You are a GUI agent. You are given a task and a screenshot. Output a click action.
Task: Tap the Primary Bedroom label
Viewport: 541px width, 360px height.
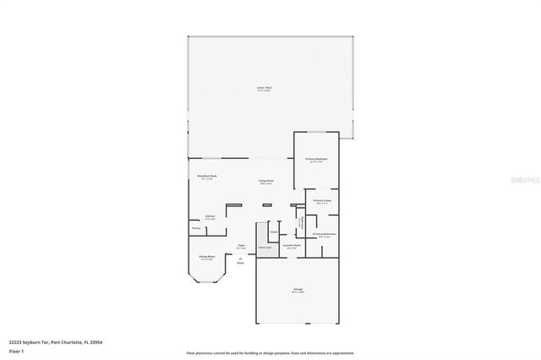[316, 160]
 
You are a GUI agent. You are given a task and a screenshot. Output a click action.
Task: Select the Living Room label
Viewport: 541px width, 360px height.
[267, 182]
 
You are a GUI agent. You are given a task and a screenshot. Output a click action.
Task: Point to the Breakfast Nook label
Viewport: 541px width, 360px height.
[205, 176]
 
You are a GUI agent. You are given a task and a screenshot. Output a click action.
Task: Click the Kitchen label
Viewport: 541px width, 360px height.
[209, 216]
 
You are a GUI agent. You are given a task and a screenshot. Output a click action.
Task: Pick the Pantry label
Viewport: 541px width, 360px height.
[195, 228]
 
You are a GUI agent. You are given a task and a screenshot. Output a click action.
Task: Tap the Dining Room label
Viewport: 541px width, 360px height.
[206, 257]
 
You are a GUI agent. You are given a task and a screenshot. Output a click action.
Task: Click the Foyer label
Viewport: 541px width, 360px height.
[241, 247]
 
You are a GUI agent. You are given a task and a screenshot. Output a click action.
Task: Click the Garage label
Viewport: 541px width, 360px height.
[298, 290]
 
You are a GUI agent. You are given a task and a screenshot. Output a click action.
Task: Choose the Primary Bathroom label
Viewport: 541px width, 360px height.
[325, 234]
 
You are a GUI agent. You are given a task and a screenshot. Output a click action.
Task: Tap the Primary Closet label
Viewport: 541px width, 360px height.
[322, 201]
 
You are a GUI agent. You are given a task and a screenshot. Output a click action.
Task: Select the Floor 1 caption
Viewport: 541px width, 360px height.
[17, 351]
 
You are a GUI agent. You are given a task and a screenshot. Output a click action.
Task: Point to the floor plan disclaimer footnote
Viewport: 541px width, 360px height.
[270, 353]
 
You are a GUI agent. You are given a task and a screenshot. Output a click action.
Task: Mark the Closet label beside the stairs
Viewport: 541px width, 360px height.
[273, 232]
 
